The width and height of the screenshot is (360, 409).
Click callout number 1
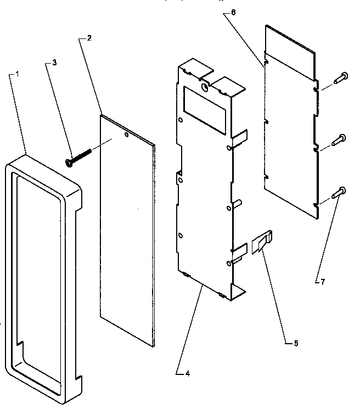(x=18, y=73)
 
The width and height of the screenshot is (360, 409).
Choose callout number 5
(x=296, y=343)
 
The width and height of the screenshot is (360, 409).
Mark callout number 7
(x=323, y=282)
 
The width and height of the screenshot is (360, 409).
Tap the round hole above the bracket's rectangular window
(x=204, y=87)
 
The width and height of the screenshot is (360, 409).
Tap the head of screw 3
(x=69, y=162)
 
